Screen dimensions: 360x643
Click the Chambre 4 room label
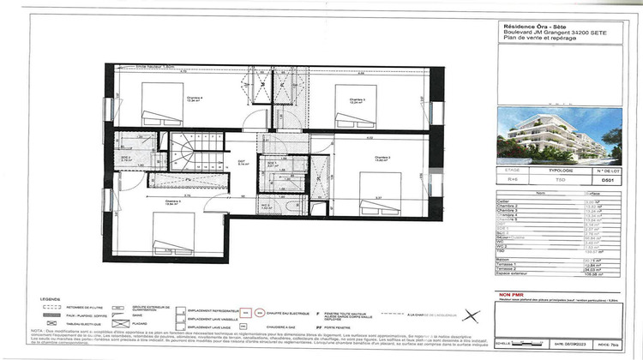click(195, 99)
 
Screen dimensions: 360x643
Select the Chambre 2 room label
click(383, 158)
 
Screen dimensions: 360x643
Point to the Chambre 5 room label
click(173, 201)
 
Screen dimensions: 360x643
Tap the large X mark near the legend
click(468, 315)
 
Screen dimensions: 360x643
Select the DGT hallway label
click(243, 160)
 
